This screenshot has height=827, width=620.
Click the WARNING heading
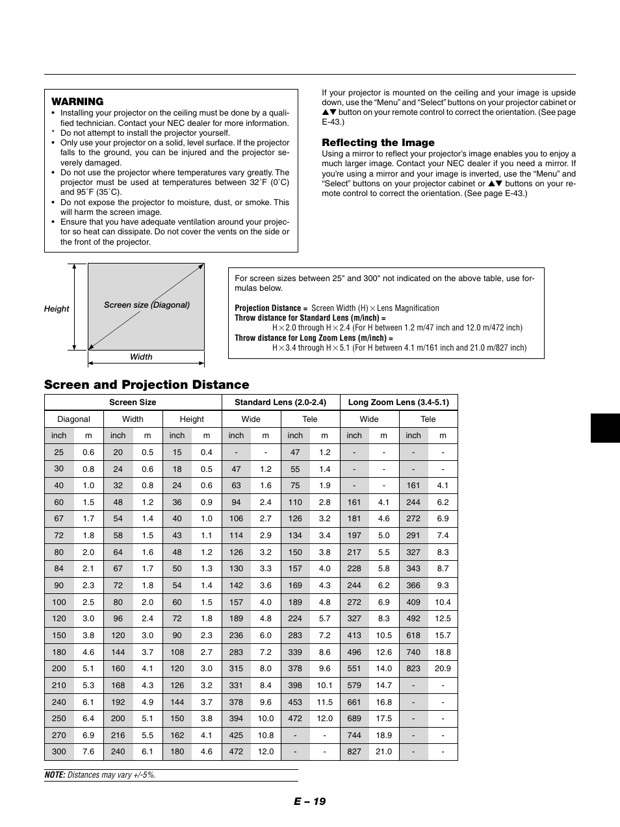(77, 101)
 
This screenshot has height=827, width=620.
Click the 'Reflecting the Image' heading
(378, 143)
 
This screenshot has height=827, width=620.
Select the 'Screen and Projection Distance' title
(146, 384)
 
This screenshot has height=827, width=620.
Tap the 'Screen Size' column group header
(133, 402)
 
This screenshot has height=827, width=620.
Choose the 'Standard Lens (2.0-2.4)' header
(280, 402)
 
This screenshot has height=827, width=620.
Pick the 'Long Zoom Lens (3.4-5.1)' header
(398, 402)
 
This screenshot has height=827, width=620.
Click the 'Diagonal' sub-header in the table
(73, 419)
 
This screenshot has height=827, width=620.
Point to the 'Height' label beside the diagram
(57, 309)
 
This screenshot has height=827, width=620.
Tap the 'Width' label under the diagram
(141, 357)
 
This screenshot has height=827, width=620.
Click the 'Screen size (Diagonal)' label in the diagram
(147, 305)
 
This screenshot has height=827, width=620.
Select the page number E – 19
(309, 801)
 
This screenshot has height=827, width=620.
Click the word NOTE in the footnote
(55, 775)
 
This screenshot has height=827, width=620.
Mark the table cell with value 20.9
(443, 669)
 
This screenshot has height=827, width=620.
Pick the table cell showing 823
(413, 669)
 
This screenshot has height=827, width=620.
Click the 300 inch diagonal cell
(59, 752)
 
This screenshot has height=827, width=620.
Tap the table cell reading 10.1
(324, 685)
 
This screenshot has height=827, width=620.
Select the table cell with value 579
(354, 685)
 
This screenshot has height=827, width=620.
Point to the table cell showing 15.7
(443, 636)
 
